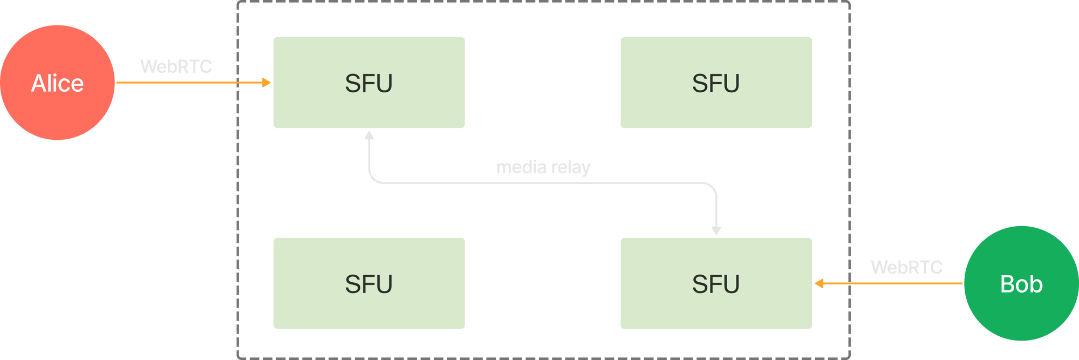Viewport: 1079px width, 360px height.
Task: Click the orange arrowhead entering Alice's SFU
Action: [267, 83]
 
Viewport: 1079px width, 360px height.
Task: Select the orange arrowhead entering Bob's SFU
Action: [819, 283]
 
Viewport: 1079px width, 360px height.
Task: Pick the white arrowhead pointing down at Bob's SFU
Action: [716, 231]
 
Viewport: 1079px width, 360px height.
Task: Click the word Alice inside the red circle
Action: [58, 83]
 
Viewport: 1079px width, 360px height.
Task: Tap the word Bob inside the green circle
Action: [1021, 284]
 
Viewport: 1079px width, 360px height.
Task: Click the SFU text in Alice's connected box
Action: [368, 83]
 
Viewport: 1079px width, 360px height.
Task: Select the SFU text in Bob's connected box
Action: [716, 284]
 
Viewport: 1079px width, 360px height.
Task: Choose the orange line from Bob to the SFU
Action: [896, 283]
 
